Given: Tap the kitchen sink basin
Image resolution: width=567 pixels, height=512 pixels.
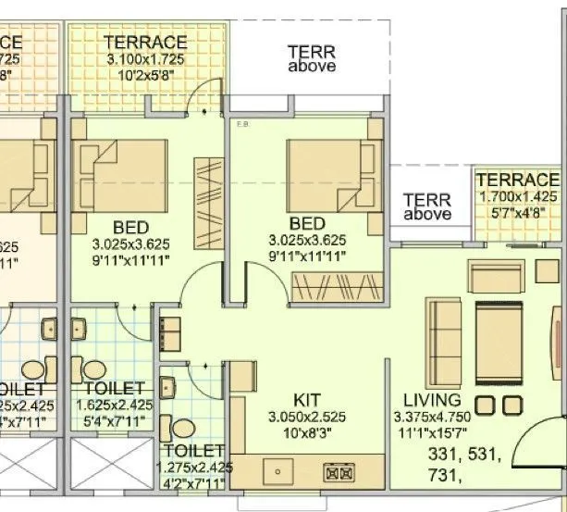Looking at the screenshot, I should [277, 473].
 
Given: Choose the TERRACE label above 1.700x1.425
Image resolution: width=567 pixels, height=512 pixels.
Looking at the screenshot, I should [518, 180].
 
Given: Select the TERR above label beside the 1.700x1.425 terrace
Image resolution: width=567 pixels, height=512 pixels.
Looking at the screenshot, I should [427, 206].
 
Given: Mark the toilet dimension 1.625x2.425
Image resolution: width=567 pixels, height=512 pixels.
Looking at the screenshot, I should [116, 406].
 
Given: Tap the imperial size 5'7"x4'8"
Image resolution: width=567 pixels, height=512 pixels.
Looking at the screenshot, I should [518, 210].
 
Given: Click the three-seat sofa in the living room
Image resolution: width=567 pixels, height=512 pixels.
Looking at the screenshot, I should [442, 338].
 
